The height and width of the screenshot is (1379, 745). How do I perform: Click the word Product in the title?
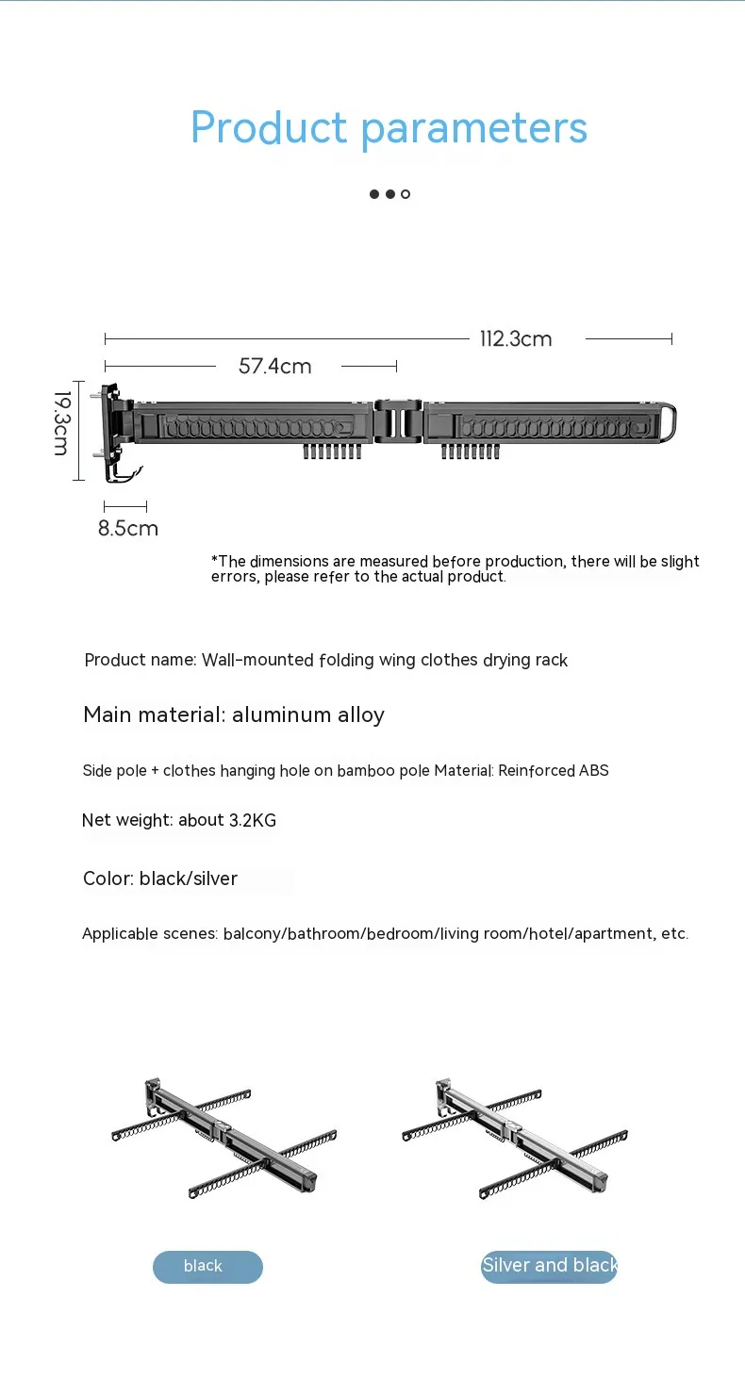click(x=269, y=128)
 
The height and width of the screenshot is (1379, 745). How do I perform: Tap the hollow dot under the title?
click(x=406, y=194)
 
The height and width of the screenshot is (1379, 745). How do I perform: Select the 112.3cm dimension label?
click(x=516, y=339)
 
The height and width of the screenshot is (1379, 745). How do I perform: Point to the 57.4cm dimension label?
click(x=274, y=366)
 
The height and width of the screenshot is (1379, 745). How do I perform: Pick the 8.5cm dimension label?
click(x=128, y=528)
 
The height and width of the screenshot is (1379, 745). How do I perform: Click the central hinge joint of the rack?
click(x=398, y=420)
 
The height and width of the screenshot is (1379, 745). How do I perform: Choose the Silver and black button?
click(x=549, y=1266)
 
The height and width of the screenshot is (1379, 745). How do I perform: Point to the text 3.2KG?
click(x=253, y=820)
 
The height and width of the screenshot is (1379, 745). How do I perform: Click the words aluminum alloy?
click(x=308, y=714)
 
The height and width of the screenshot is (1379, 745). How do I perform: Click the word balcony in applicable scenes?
click(x=254, y=934)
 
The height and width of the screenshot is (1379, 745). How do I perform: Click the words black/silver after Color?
click(x=189, y=878)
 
